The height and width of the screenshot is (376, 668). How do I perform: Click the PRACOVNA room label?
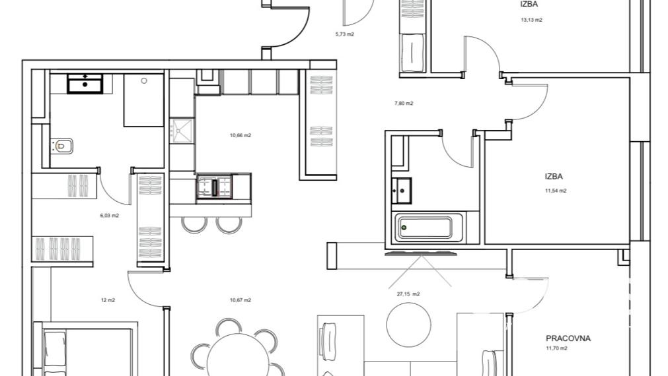coord(568,338)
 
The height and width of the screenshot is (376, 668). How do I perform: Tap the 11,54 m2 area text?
coord(556,191)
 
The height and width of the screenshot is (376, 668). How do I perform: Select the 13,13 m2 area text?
coord(531,20)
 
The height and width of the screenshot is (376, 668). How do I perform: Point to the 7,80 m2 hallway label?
coord(404,104)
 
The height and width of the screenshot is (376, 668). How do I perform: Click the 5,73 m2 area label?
coord(345,34)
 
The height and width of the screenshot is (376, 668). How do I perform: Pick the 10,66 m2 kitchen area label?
coord(241,136)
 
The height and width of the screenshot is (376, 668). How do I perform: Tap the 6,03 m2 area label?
coord(110,216)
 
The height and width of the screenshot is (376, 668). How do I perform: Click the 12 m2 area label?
coord(108,300)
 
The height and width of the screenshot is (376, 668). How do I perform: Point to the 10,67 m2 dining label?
coord(241,300)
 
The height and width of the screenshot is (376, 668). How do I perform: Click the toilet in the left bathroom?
coord(61,146)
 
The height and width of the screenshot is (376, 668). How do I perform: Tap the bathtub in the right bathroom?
coord(425,228)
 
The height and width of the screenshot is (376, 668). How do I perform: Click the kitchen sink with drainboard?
coord(182,131)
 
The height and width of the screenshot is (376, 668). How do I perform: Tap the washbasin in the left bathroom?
coord(85,83)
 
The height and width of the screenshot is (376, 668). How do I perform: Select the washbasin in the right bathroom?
coord(401,191)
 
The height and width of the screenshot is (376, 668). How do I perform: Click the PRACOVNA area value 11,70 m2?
coord(556,348)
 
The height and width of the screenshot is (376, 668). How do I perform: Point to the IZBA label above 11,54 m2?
coord(554,177)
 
